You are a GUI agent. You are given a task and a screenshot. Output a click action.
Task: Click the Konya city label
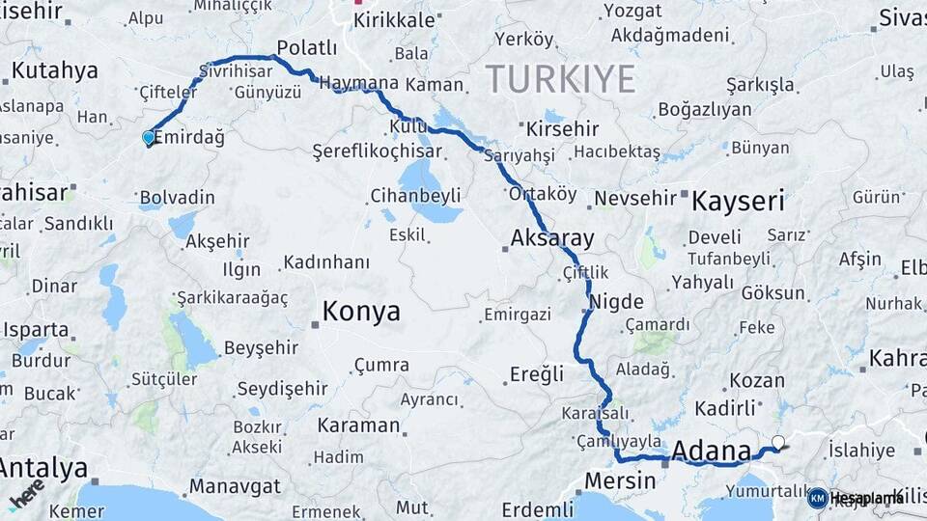click(x=361, y=312)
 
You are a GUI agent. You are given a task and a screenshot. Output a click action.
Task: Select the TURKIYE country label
click(x=560, y=78)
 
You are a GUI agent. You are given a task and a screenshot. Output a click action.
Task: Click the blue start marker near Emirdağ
click(x=148, y=138)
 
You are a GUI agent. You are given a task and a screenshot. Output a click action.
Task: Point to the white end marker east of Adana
click(x=777, y=443)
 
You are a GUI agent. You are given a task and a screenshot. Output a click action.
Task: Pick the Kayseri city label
click(x=740, y=201)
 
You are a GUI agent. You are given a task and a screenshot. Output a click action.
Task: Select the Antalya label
click(x=42, y=468)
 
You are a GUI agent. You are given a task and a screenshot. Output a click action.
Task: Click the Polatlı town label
click(x=306, y=48)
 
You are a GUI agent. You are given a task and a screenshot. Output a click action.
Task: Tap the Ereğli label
click(x=537, y=374)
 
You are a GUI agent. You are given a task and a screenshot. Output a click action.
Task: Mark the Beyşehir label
click(x=261, y=347)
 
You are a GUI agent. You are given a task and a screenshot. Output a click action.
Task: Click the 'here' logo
click(x=27, y=492)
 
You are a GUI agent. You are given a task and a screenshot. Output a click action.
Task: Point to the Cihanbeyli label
click(x=415, y=196)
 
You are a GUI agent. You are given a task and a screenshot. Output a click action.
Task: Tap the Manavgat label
click(x=234, y=485)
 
